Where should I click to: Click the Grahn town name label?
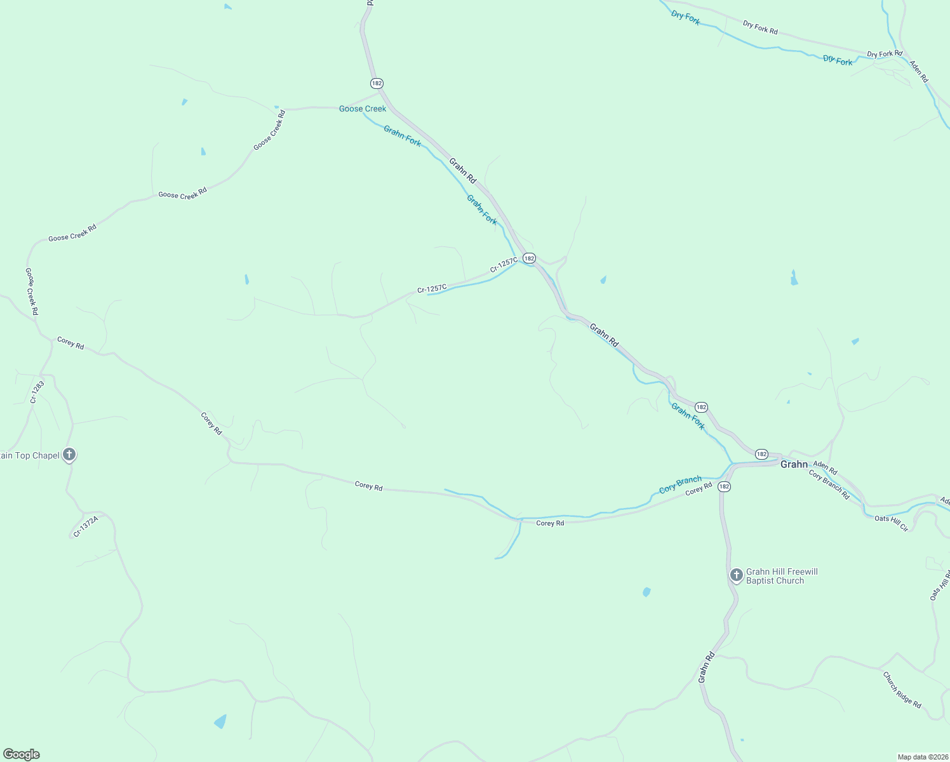(794, 464)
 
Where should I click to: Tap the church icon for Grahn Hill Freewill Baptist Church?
(736, 575)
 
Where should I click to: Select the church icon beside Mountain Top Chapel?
(70, 455)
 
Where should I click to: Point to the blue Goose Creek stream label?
(363, 109)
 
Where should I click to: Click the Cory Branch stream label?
(680, 485)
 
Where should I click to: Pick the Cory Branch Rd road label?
(829, 485)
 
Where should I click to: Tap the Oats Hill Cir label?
(891, 523)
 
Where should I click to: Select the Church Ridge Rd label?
(902, 690)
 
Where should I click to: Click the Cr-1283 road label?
(37, 392)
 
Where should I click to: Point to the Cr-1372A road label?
(86, 526)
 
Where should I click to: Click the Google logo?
(21, 754)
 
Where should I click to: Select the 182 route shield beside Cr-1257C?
(529, 258)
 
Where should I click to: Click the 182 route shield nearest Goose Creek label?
(377, 83)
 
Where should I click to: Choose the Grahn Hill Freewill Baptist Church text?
(782, 576)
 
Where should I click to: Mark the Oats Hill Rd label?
(939, 585)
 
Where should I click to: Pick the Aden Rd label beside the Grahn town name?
(825, 468)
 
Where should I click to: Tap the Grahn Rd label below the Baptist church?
(706, 667)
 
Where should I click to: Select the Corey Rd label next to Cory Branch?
(699, 489)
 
